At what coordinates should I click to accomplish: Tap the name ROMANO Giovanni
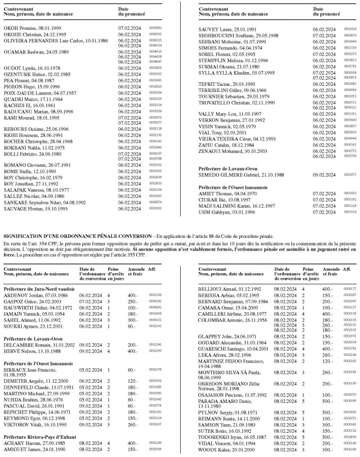click(x=24, y=165)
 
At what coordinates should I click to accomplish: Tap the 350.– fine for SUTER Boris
click(x=329, y=431)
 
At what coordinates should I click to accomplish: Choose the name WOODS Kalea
click(x=214, y=450)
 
